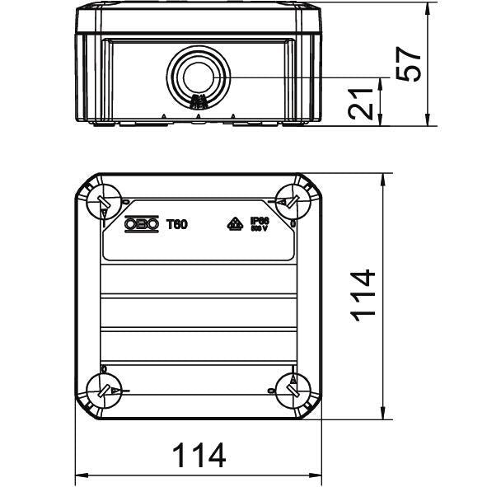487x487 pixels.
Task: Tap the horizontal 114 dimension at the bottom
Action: click(199, 456)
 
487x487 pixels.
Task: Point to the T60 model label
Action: click(177, 223)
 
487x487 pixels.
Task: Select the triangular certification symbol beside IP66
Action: click(233, 223)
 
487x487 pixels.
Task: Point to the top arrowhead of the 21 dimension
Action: click(380, 82)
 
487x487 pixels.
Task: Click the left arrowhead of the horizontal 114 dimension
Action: click(81, 475)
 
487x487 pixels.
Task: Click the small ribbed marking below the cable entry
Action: click(197, 103)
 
